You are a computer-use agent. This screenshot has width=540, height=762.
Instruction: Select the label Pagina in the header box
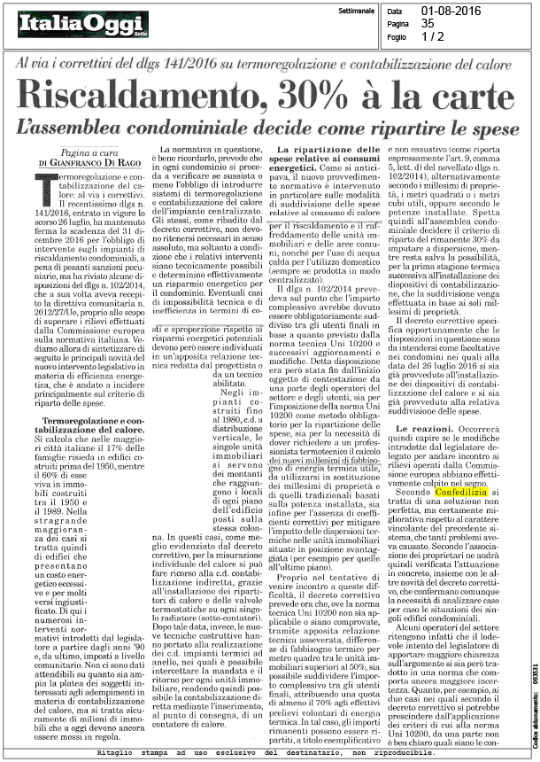[394, 24]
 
